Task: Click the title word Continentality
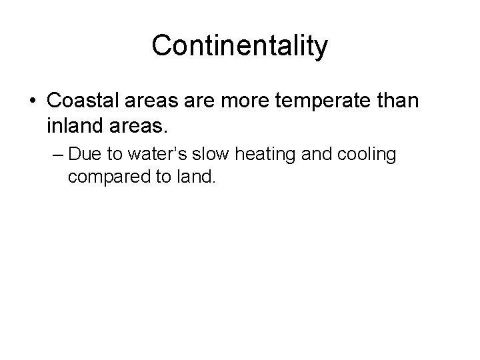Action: click(x=240, y=46)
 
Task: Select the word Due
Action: click(x=84, y=155)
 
